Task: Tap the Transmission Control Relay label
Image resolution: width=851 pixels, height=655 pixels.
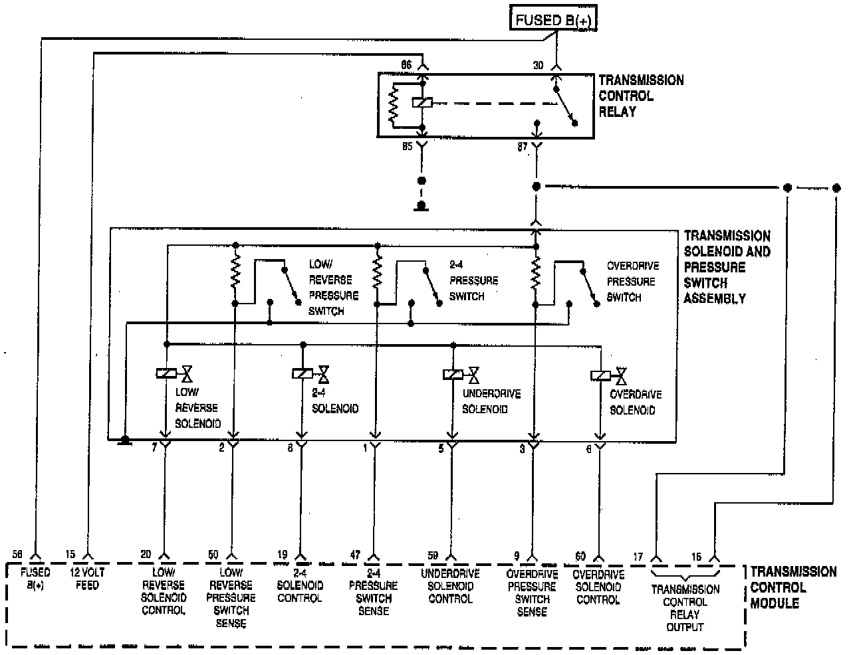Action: tap(640, 96)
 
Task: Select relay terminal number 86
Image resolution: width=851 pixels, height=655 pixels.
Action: tap(406, 64)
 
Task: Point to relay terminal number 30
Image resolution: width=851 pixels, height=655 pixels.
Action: tap(538, 64)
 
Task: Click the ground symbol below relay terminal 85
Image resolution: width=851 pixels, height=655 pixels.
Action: tap(421, 206)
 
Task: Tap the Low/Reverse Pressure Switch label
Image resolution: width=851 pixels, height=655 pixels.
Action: tap(333, 287)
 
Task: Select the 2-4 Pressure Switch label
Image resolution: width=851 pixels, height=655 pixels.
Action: tap(473, 280)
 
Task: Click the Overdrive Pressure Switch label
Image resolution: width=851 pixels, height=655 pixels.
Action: tap(631, 281)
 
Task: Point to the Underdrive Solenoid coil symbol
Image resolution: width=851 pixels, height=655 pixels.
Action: tap(453, 375)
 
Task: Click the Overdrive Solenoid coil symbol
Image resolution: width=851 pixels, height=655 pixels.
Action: tap(600, 376)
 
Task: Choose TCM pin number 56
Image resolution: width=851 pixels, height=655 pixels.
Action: tap(17, 555)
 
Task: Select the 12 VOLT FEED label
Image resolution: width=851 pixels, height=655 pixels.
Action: tap(86, 578)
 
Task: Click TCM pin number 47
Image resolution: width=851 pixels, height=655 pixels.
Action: tap(356, 555)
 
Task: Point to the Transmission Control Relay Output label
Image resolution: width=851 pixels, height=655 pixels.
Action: tap(685, 608)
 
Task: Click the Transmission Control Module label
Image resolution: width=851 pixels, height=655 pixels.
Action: tap(793, 587)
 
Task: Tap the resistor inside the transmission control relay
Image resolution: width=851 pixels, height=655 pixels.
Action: tap(394, 104)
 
